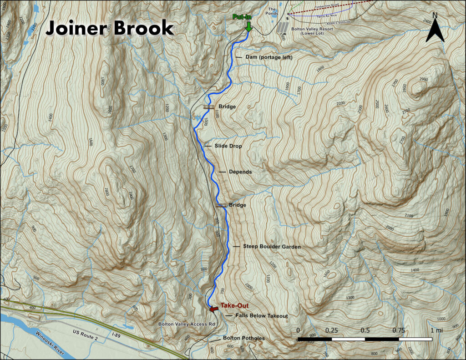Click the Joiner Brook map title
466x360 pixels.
tap(110, 28)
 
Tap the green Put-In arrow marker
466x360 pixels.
tap(248, 27)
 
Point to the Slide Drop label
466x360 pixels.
tap(228, 146)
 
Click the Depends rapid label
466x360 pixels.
tap(242, 172)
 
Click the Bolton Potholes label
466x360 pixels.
tap(243, 338)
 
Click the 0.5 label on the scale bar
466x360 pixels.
tap(365, 330)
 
